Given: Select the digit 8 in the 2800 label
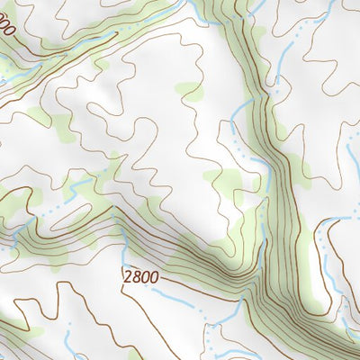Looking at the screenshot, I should pos(135,276).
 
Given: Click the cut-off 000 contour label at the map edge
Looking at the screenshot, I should pos(7,29).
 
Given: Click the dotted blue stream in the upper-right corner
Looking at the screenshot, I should pos(297,36).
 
